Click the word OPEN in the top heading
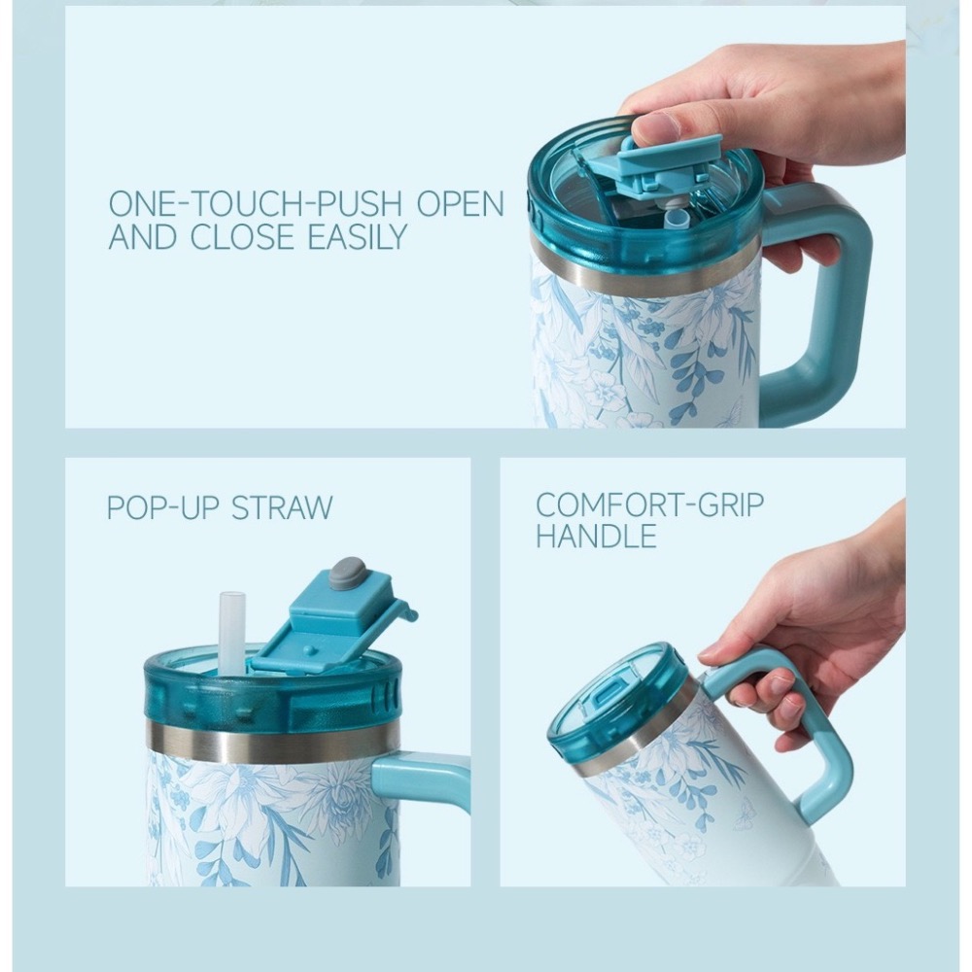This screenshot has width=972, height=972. (x=461, y=203)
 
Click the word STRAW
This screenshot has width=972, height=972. (x=282, y=507)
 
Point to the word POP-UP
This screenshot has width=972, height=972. (x=163, y=507)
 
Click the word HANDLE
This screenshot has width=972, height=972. (x=596, y=536)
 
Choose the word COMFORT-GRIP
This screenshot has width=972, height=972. (x=649, y=504)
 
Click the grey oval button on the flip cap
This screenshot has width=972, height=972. (x=347, y=571)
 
